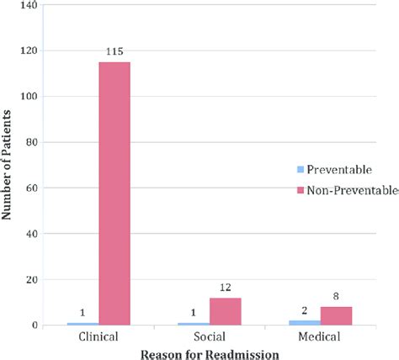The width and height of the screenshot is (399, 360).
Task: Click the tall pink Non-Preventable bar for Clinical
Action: click(114, 193)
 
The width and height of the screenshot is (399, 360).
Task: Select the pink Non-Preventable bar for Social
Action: click(225, 311)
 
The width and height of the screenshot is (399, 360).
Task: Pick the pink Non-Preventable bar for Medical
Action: click(336, 316)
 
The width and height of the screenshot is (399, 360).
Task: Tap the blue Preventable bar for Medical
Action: click(305, 322)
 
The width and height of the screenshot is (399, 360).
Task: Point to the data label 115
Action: click(114, 52)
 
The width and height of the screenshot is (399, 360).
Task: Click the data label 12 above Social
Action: click(225, 289)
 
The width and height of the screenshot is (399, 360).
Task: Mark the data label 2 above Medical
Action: click(305, 311)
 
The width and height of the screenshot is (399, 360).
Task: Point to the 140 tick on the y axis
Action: click(31, 6)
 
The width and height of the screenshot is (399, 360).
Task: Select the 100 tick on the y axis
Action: click(31, 97)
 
